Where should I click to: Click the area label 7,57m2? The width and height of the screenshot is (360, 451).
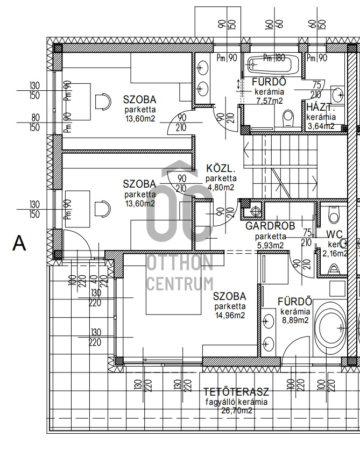pos(269,101)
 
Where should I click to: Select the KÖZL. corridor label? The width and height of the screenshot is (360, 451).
pos(221,168)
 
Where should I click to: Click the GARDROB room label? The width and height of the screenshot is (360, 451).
pos(270,226)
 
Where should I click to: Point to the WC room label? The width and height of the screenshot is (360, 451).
pos(335,234)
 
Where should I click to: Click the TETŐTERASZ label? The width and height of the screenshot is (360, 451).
pos(236,392)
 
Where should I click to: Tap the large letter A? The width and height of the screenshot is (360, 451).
pos(19,244)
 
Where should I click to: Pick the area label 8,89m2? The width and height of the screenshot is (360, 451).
pos(294,320)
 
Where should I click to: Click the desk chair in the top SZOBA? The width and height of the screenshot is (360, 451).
pos(102,101)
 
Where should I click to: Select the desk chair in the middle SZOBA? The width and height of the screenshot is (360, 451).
pos(102,208)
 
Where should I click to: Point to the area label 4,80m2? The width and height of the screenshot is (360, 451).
pos(221,188)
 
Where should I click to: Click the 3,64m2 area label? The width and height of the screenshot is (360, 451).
pos(320,126)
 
